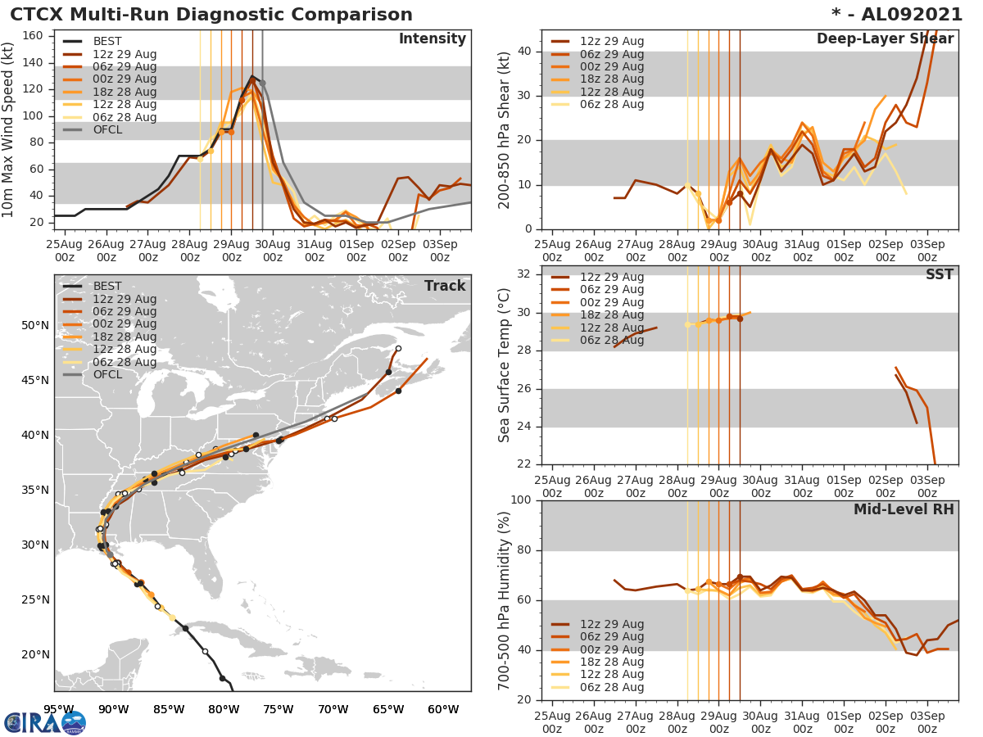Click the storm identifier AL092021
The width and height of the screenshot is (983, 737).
click(x=906, y=15)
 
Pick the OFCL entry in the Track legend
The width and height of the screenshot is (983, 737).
click(x=108, y=374)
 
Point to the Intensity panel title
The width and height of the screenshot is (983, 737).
click(x=432, y=39)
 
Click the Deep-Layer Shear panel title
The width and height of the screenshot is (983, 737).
click(x=885, y=39)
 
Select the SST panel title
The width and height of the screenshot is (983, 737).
click(x=940, y=274)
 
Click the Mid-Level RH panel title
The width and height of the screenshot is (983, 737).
click(x=904, y=509)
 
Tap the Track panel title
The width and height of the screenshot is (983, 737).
click(x=445, y=286)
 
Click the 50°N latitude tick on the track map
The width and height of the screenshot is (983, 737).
click(x=34, y=325)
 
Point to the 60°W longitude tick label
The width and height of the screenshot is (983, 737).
click(x=442, y=709)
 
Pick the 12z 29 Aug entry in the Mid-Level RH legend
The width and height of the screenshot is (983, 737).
click(x=611, y=624)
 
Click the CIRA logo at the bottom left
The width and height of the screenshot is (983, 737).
click(x=45, y=722)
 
